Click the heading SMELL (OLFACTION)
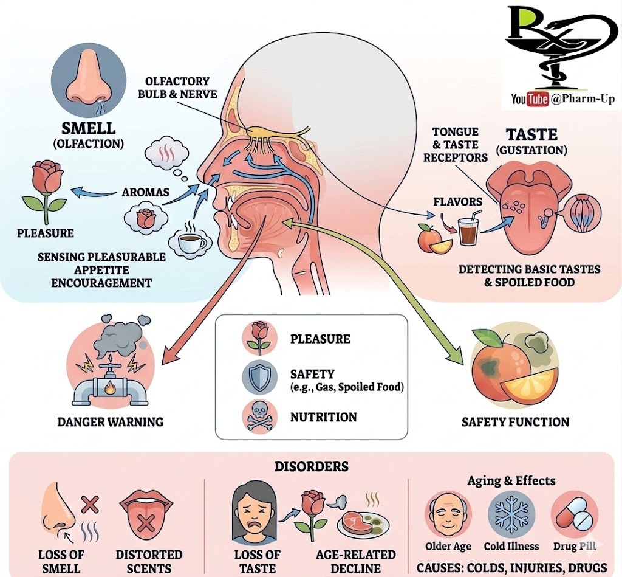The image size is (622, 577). coord(88,134)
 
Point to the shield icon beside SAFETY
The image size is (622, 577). coord(259,379)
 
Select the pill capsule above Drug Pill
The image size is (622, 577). coord(573,514)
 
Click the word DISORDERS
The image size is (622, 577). coord(311,467)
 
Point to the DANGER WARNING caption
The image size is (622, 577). coord(110,421)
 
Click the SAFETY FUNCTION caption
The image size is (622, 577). coord(515,421)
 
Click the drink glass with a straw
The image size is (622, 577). coord(469,230)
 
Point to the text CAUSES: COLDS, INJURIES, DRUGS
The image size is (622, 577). coord(511,568)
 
